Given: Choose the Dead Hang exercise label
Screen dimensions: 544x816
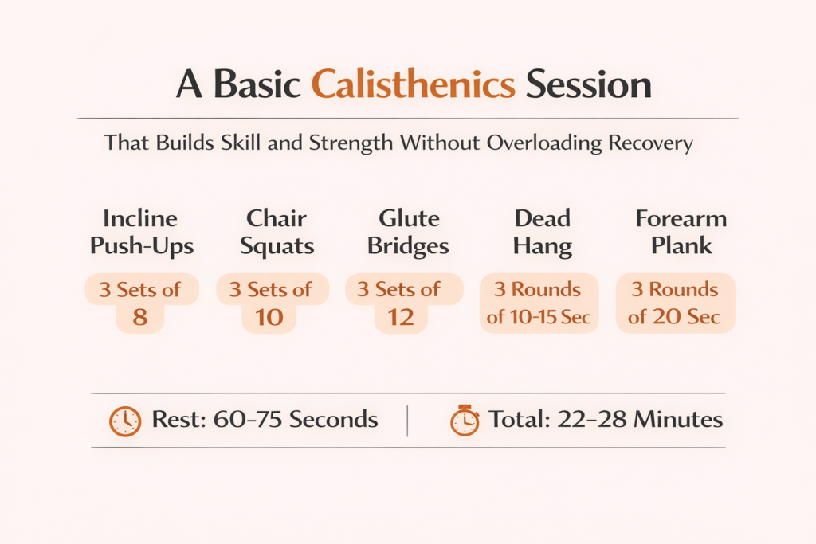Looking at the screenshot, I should click(542, 232).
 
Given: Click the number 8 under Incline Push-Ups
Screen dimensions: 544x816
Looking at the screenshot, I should click(140, 318).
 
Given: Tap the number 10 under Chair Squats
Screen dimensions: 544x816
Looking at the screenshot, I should click(269, 318).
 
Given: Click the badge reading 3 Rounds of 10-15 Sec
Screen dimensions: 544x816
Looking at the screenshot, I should click(539, 303).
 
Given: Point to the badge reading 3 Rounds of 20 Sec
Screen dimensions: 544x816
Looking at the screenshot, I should click(675, 303).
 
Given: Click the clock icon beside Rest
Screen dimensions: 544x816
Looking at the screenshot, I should click(124, 421).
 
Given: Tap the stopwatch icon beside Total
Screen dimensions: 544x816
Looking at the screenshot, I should click(465, 421).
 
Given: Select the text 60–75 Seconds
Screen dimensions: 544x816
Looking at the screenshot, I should click(296, 420).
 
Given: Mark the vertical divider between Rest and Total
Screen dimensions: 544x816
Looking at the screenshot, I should click(407, 421).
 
